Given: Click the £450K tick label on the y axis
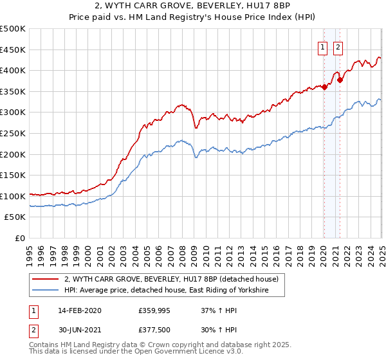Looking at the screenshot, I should point(13,50).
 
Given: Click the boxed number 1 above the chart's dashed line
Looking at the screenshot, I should point(322,46).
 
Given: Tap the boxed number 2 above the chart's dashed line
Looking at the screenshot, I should point(338,46).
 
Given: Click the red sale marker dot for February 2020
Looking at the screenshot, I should point(324,87).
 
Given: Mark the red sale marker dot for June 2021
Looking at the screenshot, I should point(340,80).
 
